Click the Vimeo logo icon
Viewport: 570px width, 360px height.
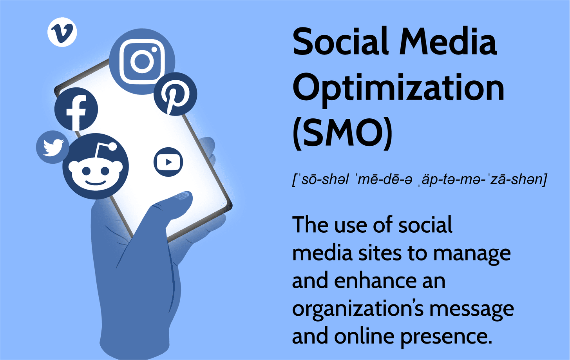point(62,32)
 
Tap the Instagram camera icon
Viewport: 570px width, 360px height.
point(142,62)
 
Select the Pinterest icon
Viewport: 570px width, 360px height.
point(176,94)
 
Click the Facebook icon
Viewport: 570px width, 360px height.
point(76,109)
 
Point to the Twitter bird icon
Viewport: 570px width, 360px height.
point(52,147)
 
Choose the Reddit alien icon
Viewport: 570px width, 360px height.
point(96,166)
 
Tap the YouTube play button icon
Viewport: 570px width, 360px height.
point(168,162)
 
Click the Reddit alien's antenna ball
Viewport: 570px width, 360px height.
point(112,147)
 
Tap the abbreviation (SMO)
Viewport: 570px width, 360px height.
point(342,134)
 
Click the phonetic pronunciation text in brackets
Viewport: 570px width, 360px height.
point(420,180)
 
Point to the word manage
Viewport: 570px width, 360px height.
point(472,254)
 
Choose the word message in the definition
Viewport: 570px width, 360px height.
point(472,309)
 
